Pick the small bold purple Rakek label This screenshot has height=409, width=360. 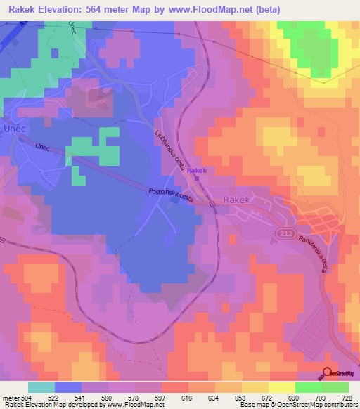click(198, 171)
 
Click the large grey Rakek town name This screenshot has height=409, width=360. click(236, 200)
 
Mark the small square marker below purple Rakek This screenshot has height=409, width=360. click(198, 178)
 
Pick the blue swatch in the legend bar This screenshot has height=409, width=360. click(68, 387)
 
